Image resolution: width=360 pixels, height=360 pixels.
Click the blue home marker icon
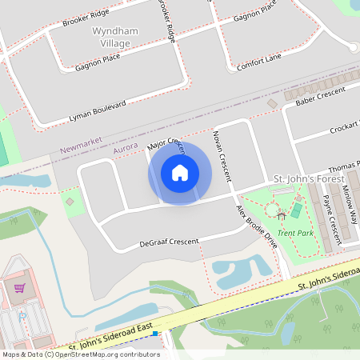coord(180,173)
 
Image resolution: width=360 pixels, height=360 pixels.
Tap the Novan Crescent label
coord(222,154)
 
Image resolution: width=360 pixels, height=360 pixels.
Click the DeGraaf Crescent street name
coord(168,242)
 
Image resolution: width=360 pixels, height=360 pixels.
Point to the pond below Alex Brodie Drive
coord(237,273)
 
